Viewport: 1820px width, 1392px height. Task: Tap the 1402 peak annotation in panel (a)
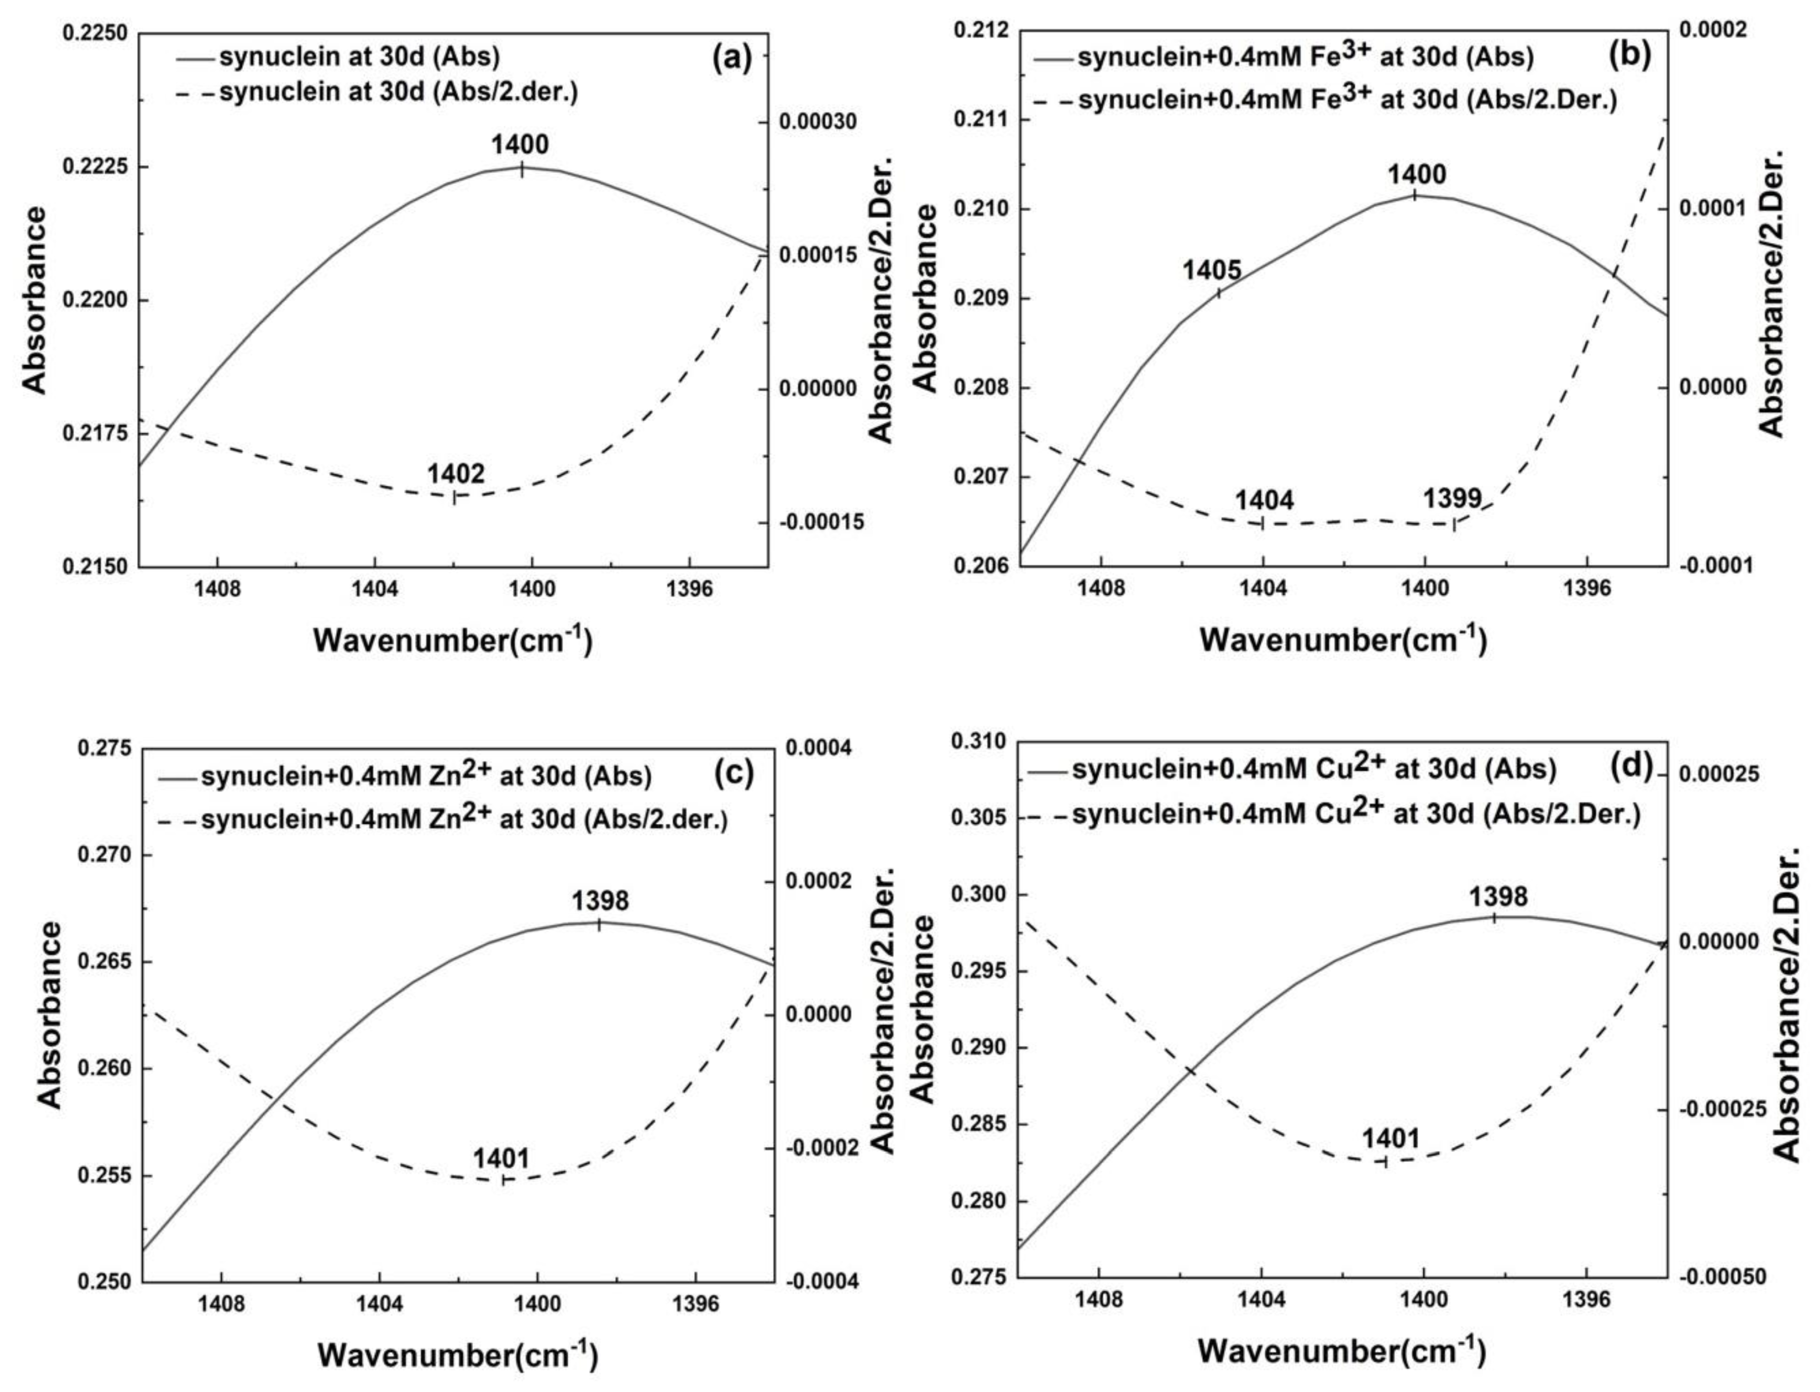(455, 474)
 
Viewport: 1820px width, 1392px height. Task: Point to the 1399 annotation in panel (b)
(1452, 498)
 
